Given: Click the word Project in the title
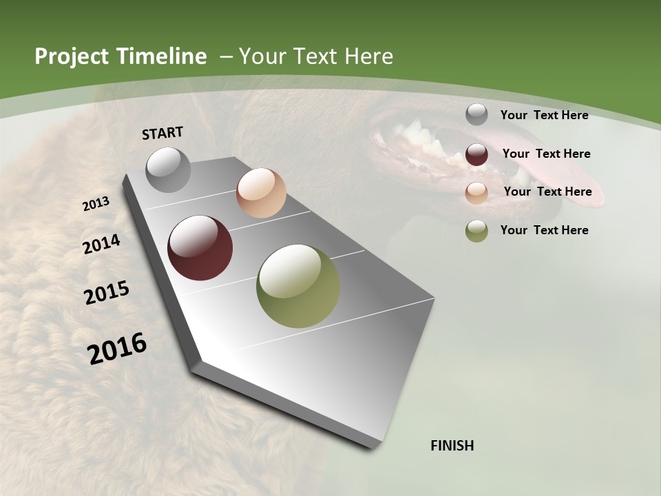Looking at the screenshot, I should click(x=68, y=56).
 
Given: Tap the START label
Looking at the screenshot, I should click(x=162, y=133).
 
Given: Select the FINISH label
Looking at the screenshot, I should click(x=452, y=446).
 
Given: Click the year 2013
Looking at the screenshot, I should click(x=96, y=204).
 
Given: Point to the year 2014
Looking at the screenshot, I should click(x=102, y=245).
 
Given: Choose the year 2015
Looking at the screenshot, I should click(x=107, y=292).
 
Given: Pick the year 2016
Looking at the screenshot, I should click(x=117, y=349).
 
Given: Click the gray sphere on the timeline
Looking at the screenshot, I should click(x=168, y=169).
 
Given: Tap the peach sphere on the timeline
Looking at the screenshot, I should click(x=261, y=193).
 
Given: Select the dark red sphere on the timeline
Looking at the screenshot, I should click(x=200, y=248).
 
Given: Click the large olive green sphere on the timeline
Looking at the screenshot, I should click(x=298, y=286).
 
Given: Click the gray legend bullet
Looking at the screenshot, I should click(x=476, y=114).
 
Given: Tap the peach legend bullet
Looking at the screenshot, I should click(x=476, y=192).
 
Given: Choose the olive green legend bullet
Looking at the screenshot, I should click(x=476, y=230).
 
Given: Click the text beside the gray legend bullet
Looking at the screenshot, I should click(x=544, y=115).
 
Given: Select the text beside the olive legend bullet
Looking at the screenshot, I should click(x=544, y=230).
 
